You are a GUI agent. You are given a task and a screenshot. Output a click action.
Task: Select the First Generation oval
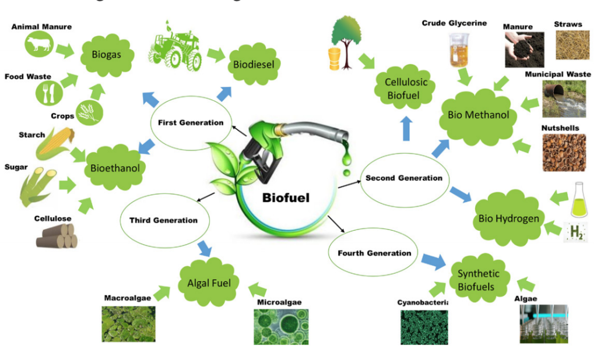[x=191, y=123]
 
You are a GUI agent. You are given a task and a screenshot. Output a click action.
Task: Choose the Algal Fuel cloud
[x=209, y=284]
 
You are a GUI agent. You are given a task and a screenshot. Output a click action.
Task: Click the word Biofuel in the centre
[x=286, y=197]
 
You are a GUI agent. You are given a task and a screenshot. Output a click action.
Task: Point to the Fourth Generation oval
[x=374, y=253]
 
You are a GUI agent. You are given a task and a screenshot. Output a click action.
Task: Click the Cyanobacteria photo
[x=424, y=327]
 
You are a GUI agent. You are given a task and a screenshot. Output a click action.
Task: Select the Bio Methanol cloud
[x=478, y=115]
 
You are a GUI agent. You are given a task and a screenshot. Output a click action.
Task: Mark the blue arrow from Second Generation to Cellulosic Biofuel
[x=406, y=128]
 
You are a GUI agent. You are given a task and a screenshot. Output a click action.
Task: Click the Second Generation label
[x=404, y=178]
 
